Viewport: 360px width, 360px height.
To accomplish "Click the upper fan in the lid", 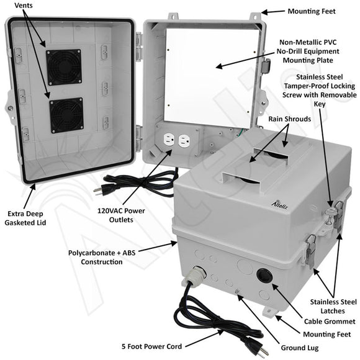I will point(64,66).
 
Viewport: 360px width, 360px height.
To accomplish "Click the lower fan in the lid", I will point(66,115).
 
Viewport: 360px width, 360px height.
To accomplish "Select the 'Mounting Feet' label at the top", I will point(312,11).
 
